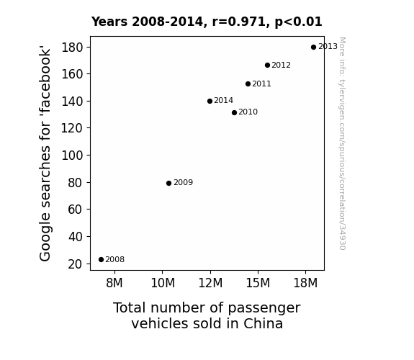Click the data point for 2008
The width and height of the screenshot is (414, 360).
pos(101,260)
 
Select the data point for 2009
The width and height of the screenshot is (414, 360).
pos(168,183)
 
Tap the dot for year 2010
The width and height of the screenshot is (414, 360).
pos(234,113)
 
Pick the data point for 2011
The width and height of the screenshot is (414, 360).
pos(248,84)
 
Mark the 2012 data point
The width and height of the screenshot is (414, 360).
pos(267,66)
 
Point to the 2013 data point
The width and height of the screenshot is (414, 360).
pos(313,48)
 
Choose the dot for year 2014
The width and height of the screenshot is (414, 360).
pos(210,101)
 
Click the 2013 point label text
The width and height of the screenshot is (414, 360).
pos(328,47)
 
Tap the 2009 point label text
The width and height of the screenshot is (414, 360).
pos(183,182)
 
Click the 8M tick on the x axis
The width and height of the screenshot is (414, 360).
pos(114,283)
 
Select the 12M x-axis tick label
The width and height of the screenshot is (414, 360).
pos(210,283)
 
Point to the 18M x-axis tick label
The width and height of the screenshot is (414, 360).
pos(305,283)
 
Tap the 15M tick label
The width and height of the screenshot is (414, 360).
pos(258,283)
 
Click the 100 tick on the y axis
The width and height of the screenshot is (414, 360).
pos(72,156)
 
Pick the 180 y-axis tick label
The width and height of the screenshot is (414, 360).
pos(72,48)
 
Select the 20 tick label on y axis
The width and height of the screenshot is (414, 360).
pos(76,264)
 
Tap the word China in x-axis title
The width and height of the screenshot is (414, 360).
pos(263,323)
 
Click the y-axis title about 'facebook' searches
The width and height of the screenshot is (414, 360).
pos(45,153)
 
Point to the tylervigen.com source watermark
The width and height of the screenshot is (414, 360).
pos(342,143)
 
